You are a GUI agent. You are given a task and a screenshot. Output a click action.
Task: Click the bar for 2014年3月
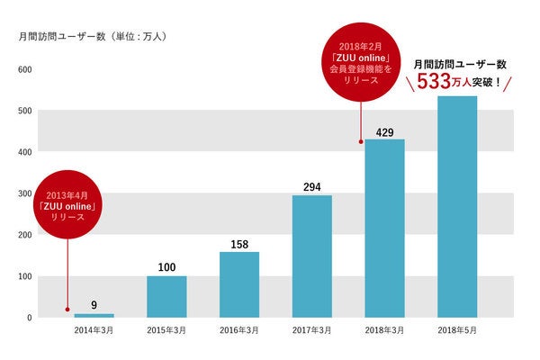pos(94,315)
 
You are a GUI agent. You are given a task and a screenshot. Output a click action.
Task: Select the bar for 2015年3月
pos(166,296)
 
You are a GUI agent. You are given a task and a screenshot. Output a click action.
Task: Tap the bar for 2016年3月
pos(239,284)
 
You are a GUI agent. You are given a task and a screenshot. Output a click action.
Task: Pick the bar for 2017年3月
pos(311,256)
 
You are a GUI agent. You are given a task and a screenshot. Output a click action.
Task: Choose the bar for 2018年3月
pos(384,229)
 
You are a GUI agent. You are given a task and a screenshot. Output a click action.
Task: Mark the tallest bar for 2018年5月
pos(457,207)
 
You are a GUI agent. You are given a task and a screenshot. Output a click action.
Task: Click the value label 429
pos(385,132)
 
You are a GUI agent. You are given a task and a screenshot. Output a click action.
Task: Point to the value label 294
pos(311,187)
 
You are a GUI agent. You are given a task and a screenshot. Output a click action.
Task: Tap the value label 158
pos(239,244)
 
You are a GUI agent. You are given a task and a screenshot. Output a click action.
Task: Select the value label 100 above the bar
pos(166,267)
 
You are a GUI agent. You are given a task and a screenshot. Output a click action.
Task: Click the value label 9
pos(94,305)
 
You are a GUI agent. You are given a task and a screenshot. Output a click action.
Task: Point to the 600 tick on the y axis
pos(25,69)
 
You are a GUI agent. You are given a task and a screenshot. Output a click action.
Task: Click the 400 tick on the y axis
pos(25,152)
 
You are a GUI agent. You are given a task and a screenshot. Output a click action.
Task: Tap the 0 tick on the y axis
pos(29,318)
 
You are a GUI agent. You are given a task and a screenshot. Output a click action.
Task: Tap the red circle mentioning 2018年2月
pos(361,63)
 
